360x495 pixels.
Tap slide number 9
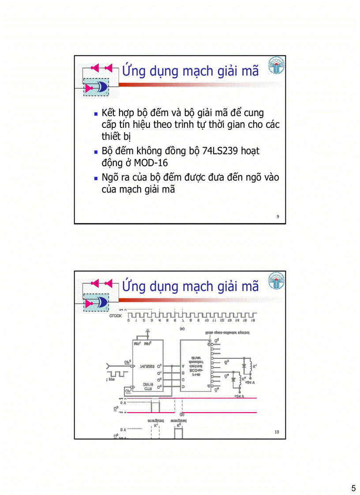(277, 216)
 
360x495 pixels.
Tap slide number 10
(277, 432)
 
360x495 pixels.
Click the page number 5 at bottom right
(353, 488)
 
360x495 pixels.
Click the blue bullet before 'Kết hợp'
(96, 114)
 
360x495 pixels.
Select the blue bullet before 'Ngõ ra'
(96, 179)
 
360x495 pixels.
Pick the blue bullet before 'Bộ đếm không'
(96, 152)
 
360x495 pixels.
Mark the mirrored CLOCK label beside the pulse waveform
(116, 316)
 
